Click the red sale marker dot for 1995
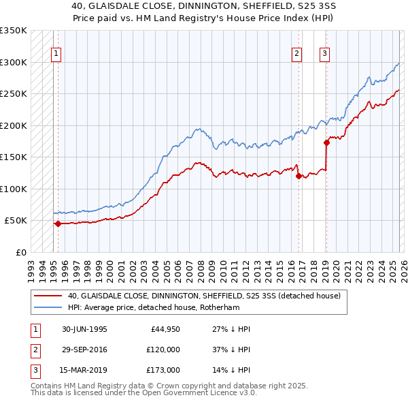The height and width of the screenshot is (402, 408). click(x=58, y=223)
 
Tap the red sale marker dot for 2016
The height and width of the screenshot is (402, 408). click(x=298, y=176)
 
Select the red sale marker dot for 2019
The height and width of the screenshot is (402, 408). click(x=326, y=142)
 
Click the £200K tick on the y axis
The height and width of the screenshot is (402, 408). click(x=14, y=125)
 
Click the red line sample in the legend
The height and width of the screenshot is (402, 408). click(x=48, y=296)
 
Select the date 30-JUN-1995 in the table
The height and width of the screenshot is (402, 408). click(x=84, y=329)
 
